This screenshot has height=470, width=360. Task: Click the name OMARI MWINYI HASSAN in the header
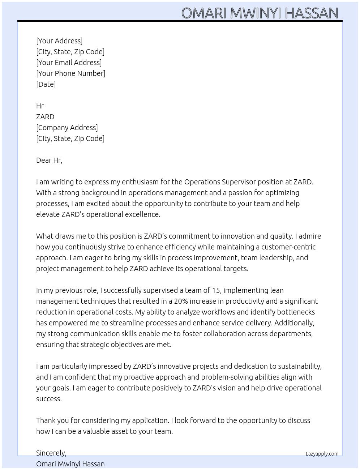tap(260, 13)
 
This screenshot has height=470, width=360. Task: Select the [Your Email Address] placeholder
tap(69, 63)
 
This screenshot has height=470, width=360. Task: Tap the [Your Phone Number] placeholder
tap(70, 73)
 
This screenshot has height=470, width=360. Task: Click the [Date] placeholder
tap(46, 84)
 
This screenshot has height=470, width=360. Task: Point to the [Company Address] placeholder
tap(67, 128)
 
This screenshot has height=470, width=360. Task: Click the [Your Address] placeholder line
tap(59, 41)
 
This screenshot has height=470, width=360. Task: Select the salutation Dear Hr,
tap(49, 160)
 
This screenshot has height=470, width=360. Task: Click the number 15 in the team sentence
tap(216, 290)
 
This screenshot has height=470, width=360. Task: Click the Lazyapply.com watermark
tap(322, 454)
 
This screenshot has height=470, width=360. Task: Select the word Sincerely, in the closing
tap(51, 453)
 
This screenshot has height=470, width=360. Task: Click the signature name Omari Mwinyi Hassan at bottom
tap(70, 464)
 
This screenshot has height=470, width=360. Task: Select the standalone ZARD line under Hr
tap(45, 117)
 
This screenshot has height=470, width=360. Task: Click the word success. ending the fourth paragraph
tap(49, 399)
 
